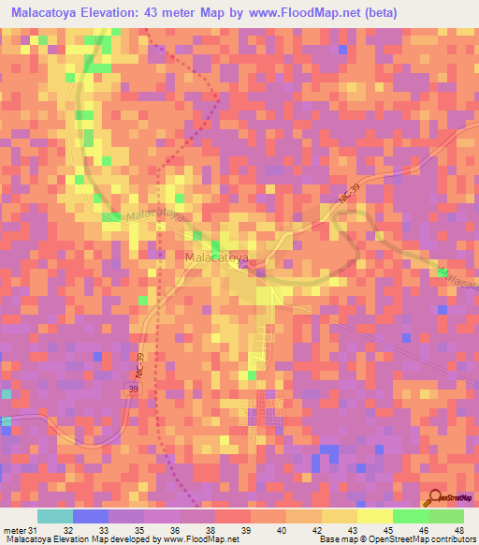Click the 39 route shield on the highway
point(134,388)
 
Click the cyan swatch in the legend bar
point(55,516)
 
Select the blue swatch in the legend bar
point(91,516)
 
